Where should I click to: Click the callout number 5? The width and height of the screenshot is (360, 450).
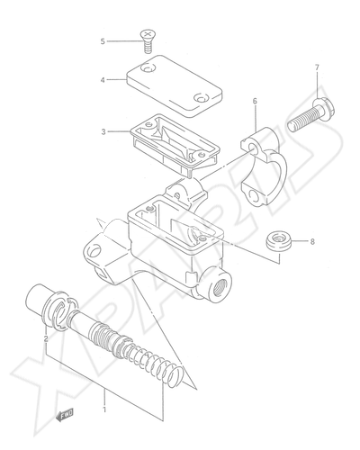point(103,41)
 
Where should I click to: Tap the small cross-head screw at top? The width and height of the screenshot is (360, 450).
point(147,41)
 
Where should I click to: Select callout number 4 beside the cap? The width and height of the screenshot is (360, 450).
point(103,80)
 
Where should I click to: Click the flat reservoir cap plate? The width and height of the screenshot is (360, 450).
point(175,86)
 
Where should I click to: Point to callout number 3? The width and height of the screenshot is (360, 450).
point(103,131)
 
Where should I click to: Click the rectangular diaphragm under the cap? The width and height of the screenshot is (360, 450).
point(175,144)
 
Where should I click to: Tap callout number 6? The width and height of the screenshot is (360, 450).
point(255,101)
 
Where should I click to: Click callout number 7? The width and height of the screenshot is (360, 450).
point(317,67)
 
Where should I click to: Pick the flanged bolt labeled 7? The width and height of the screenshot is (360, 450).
point(311,115)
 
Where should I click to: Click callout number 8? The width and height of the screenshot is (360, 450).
point(312,241)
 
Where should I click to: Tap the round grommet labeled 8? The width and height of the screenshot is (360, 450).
point(279,240)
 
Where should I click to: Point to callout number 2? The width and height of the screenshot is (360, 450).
point(46,339)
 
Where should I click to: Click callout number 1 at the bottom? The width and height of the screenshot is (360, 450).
point(104,409)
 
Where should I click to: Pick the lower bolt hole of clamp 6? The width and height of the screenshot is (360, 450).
point(255,197)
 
